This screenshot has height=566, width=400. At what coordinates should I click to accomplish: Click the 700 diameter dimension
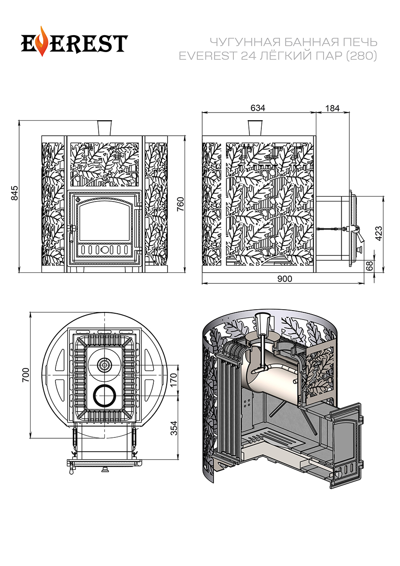[25, 375]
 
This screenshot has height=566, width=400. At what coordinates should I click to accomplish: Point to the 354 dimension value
[174, 428]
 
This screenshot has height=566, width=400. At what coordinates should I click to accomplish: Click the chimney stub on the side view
[255, 127]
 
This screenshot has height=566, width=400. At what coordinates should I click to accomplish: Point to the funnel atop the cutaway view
[262, 323]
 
